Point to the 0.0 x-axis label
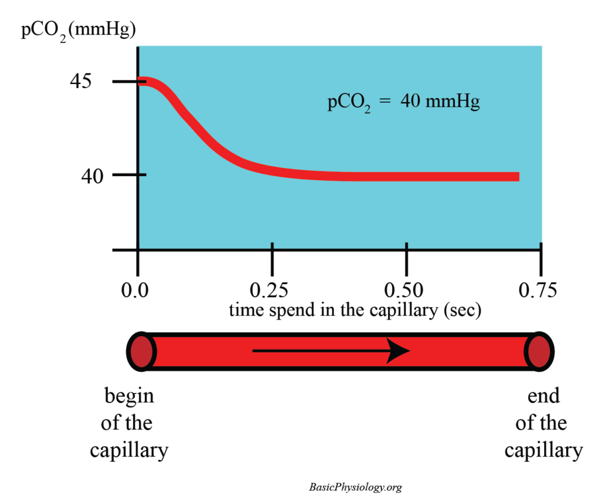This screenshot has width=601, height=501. tap(137, 290)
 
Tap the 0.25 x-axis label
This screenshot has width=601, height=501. tap(272, 290)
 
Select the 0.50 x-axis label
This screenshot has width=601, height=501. tap(406, 290)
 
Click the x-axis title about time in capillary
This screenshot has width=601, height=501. tap(355, 310)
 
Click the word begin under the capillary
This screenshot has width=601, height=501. tap(129, 396)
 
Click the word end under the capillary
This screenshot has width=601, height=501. tap(543, 396)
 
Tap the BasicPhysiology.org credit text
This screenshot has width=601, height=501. tap(355, 487)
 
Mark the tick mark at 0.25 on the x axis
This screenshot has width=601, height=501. tap(272, 250)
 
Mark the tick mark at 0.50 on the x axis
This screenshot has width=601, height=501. tap(406, 250)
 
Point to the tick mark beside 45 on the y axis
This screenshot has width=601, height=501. tap(124, 81)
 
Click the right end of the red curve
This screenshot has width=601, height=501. tap(516, 176)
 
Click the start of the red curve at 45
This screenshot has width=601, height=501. tap(141, 82)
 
